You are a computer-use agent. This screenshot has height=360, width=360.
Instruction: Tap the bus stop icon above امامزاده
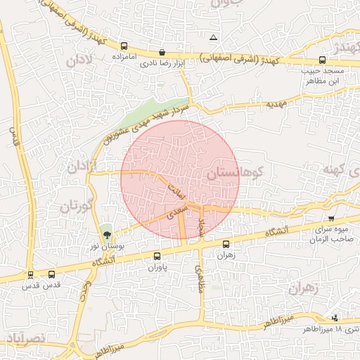coord(124,42)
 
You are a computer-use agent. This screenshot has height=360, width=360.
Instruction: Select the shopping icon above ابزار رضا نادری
coord(162,52)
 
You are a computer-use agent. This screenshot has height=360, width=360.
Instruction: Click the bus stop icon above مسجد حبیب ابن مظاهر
coord(322,60)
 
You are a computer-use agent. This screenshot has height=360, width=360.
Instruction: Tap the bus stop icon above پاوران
coord(157,256)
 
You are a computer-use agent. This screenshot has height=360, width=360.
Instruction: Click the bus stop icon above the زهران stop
coord(226,245)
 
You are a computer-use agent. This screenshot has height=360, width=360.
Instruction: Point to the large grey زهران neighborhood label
coord(304,287)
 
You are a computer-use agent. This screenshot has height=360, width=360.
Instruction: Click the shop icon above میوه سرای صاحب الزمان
coord(331,219)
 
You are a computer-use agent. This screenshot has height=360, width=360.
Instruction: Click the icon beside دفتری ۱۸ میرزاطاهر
coord(335,317)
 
